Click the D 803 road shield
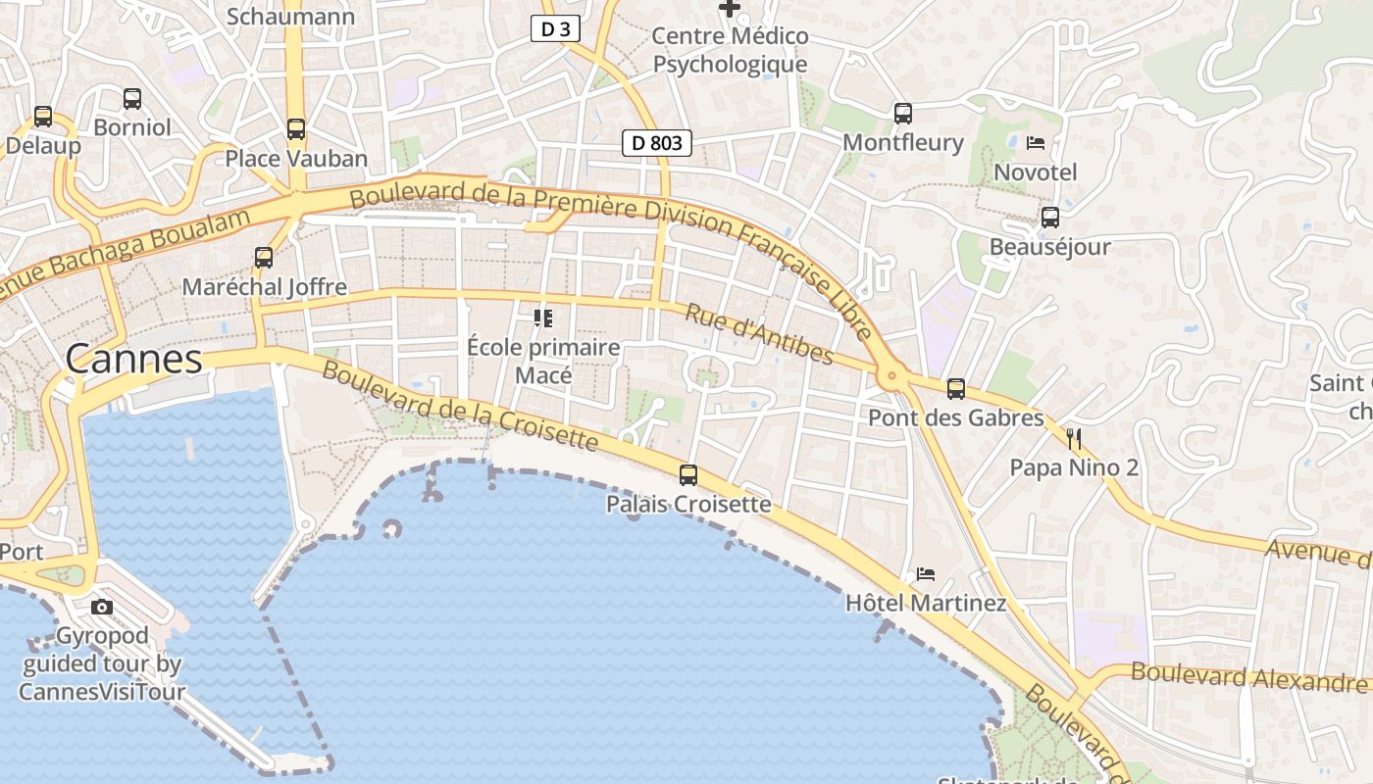point(657,143)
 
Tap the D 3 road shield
point(555,29)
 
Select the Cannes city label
point(134,360)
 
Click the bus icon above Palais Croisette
point(688,475)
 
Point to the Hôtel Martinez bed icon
point(926,573)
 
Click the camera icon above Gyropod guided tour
point(102,607)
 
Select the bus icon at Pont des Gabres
point(956,388)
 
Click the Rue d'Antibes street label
point(759,334)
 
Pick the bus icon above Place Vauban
point(296,128)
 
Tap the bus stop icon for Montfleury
point(903,113)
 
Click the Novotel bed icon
point(1036,143)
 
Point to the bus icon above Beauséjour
point(1050,217)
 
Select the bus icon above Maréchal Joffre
point(264,257)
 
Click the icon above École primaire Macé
point(542,318)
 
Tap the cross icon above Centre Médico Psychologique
point(730,9)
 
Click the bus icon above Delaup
point(43,116)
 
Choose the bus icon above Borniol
point(132,98)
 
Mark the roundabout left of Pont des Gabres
point(890,374)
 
